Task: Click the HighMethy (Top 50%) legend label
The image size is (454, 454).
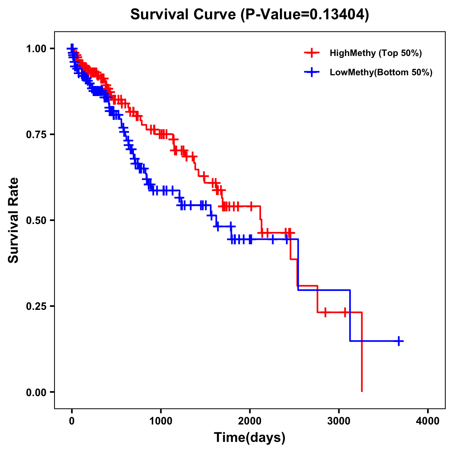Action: coord(375,53)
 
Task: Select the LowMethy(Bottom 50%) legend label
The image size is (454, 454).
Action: coord(381,72)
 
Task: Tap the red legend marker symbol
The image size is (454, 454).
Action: coord(312,53)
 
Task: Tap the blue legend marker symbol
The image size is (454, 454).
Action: coord(312,72)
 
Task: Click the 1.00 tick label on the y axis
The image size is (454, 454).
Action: coord(36,49)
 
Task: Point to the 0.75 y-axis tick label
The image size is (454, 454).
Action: coord(36,135)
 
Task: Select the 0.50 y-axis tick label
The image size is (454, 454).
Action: coord(36,221)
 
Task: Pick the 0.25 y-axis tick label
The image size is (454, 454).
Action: coord(36,306)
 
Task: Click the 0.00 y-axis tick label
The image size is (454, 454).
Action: coord(36,392)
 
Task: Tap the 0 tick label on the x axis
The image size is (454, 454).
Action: coord(72,421)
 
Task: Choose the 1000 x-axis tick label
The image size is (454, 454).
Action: coord(161,421)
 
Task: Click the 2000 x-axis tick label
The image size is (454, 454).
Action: coord(250,421)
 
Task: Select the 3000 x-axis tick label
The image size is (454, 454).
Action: coord(339,421)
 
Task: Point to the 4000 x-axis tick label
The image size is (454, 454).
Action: coord(428,421)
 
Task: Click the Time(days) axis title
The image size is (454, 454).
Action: coord(250,438)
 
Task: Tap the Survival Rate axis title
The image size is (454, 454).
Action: coord(14,220)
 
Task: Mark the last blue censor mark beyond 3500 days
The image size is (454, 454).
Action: coord(399,341)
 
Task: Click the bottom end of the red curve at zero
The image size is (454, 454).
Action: coord(362,391)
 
